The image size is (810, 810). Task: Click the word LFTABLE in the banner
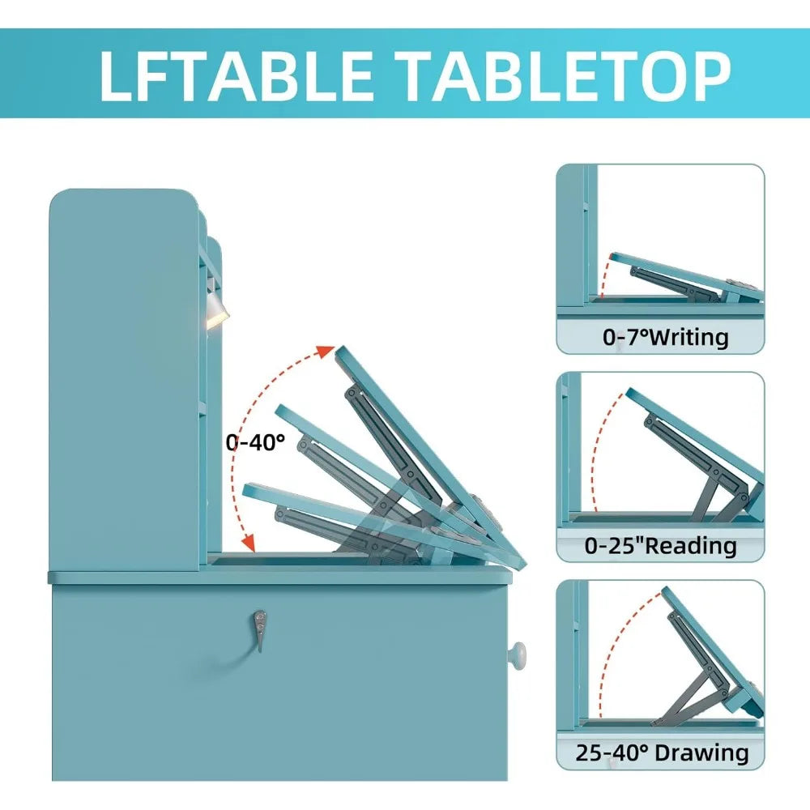point(236,75)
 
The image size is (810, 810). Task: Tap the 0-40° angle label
point(255,441)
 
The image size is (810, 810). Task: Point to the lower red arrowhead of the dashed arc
point(249,543)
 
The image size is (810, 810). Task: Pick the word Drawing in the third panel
point(701,752)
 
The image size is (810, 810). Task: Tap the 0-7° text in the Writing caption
point(625,337)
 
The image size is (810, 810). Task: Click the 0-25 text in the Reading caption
point(611,545)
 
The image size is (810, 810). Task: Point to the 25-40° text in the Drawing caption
point(612,752)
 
